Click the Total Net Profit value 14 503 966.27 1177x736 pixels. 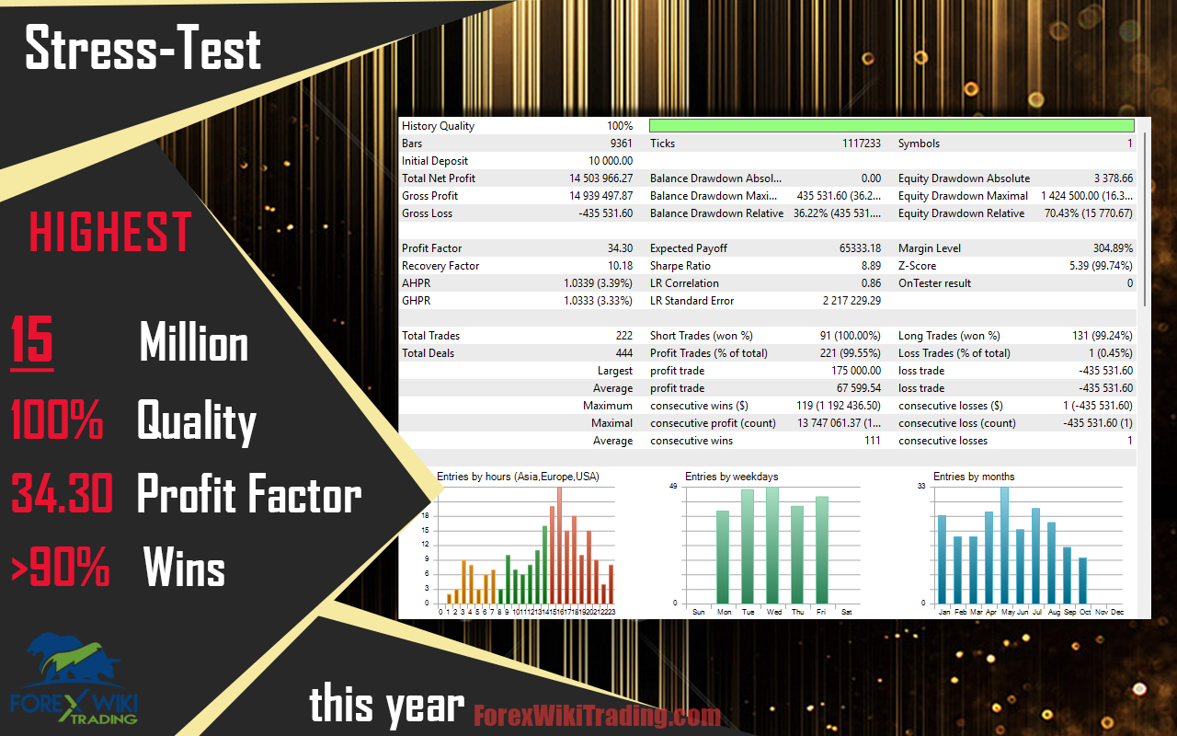click(600, 178)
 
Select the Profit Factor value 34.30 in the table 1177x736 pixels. click(620, 248)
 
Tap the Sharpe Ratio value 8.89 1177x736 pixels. click(871, 266)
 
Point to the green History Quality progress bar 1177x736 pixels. click(892, 125)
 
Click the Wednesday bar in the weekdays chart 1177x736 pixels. click(772, 546)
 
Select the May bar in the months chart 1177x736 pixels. click(1005, 546)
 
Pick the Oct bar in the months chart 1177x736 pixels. click(1082, 581)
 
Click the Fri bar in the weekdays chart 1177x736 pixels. click(822, 550)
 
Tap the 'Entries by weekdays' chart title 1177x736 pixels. click(731, 477)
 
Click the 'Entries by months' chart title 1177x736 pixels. click(974, 477)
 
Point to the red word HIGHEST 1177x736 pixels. click(110, 231)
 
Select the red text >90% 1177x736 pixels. click(61, 566)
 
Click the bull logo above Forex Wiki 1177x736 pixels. click(74, 660)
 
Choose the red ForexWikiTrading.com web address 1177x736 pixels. click(598, 715)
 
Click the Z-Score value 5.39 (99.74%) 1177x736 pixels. click(1101, 266)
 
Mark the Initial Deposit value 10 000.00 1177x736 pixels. click(611, 161)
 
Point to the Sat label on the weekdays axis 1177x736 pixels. click(847, 612)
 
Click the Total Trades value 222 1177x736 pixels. click(624, 336)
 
